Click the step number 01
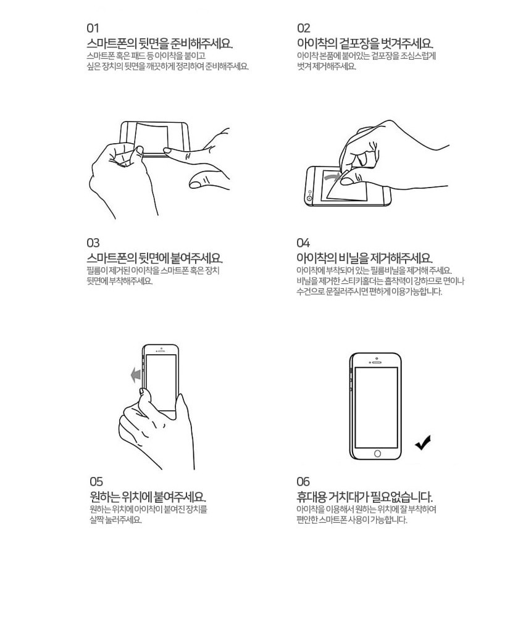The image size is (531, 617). (x=93, y=28)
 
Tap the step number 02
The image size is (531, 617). (x=303, y=28)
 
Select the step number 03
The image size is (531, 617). (x=93, y=242)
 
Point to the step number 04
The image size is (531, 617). (x=303, y=242)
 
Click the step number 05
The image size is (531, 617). (x=96, y=482)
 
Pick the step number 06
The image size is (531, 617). (x=303, y=482)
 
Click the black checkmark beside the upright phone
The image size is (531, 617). (x=423, y=442)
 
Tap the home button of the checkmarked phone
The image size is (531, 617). (x=377, y=453)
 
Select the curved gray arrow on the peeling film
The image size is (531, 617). (x=332, y=176)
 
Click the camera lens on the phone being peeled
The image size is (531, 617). (x=309, y=198)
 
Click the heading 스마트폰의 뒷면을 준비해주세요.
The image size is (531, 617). (x=160, y=43)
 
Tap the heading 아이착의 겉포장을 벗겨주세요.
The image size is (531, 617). (x=365, y=43)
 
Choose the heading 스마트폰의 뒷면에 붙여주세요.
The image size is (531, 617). (x=155, y=258)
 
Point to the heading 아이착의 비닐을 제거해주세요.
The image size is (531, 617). (x=365, y=258)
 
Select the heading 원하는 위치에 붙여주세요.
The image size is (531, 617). (x=148, y=497)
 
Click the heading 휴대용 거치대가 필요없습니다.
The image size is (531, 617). (x=365, y=497)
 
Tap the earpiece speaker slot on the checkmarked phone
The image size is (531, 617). (x=377, y=362)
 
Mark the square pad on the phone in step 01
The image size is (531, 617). (x=151, y=139)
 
